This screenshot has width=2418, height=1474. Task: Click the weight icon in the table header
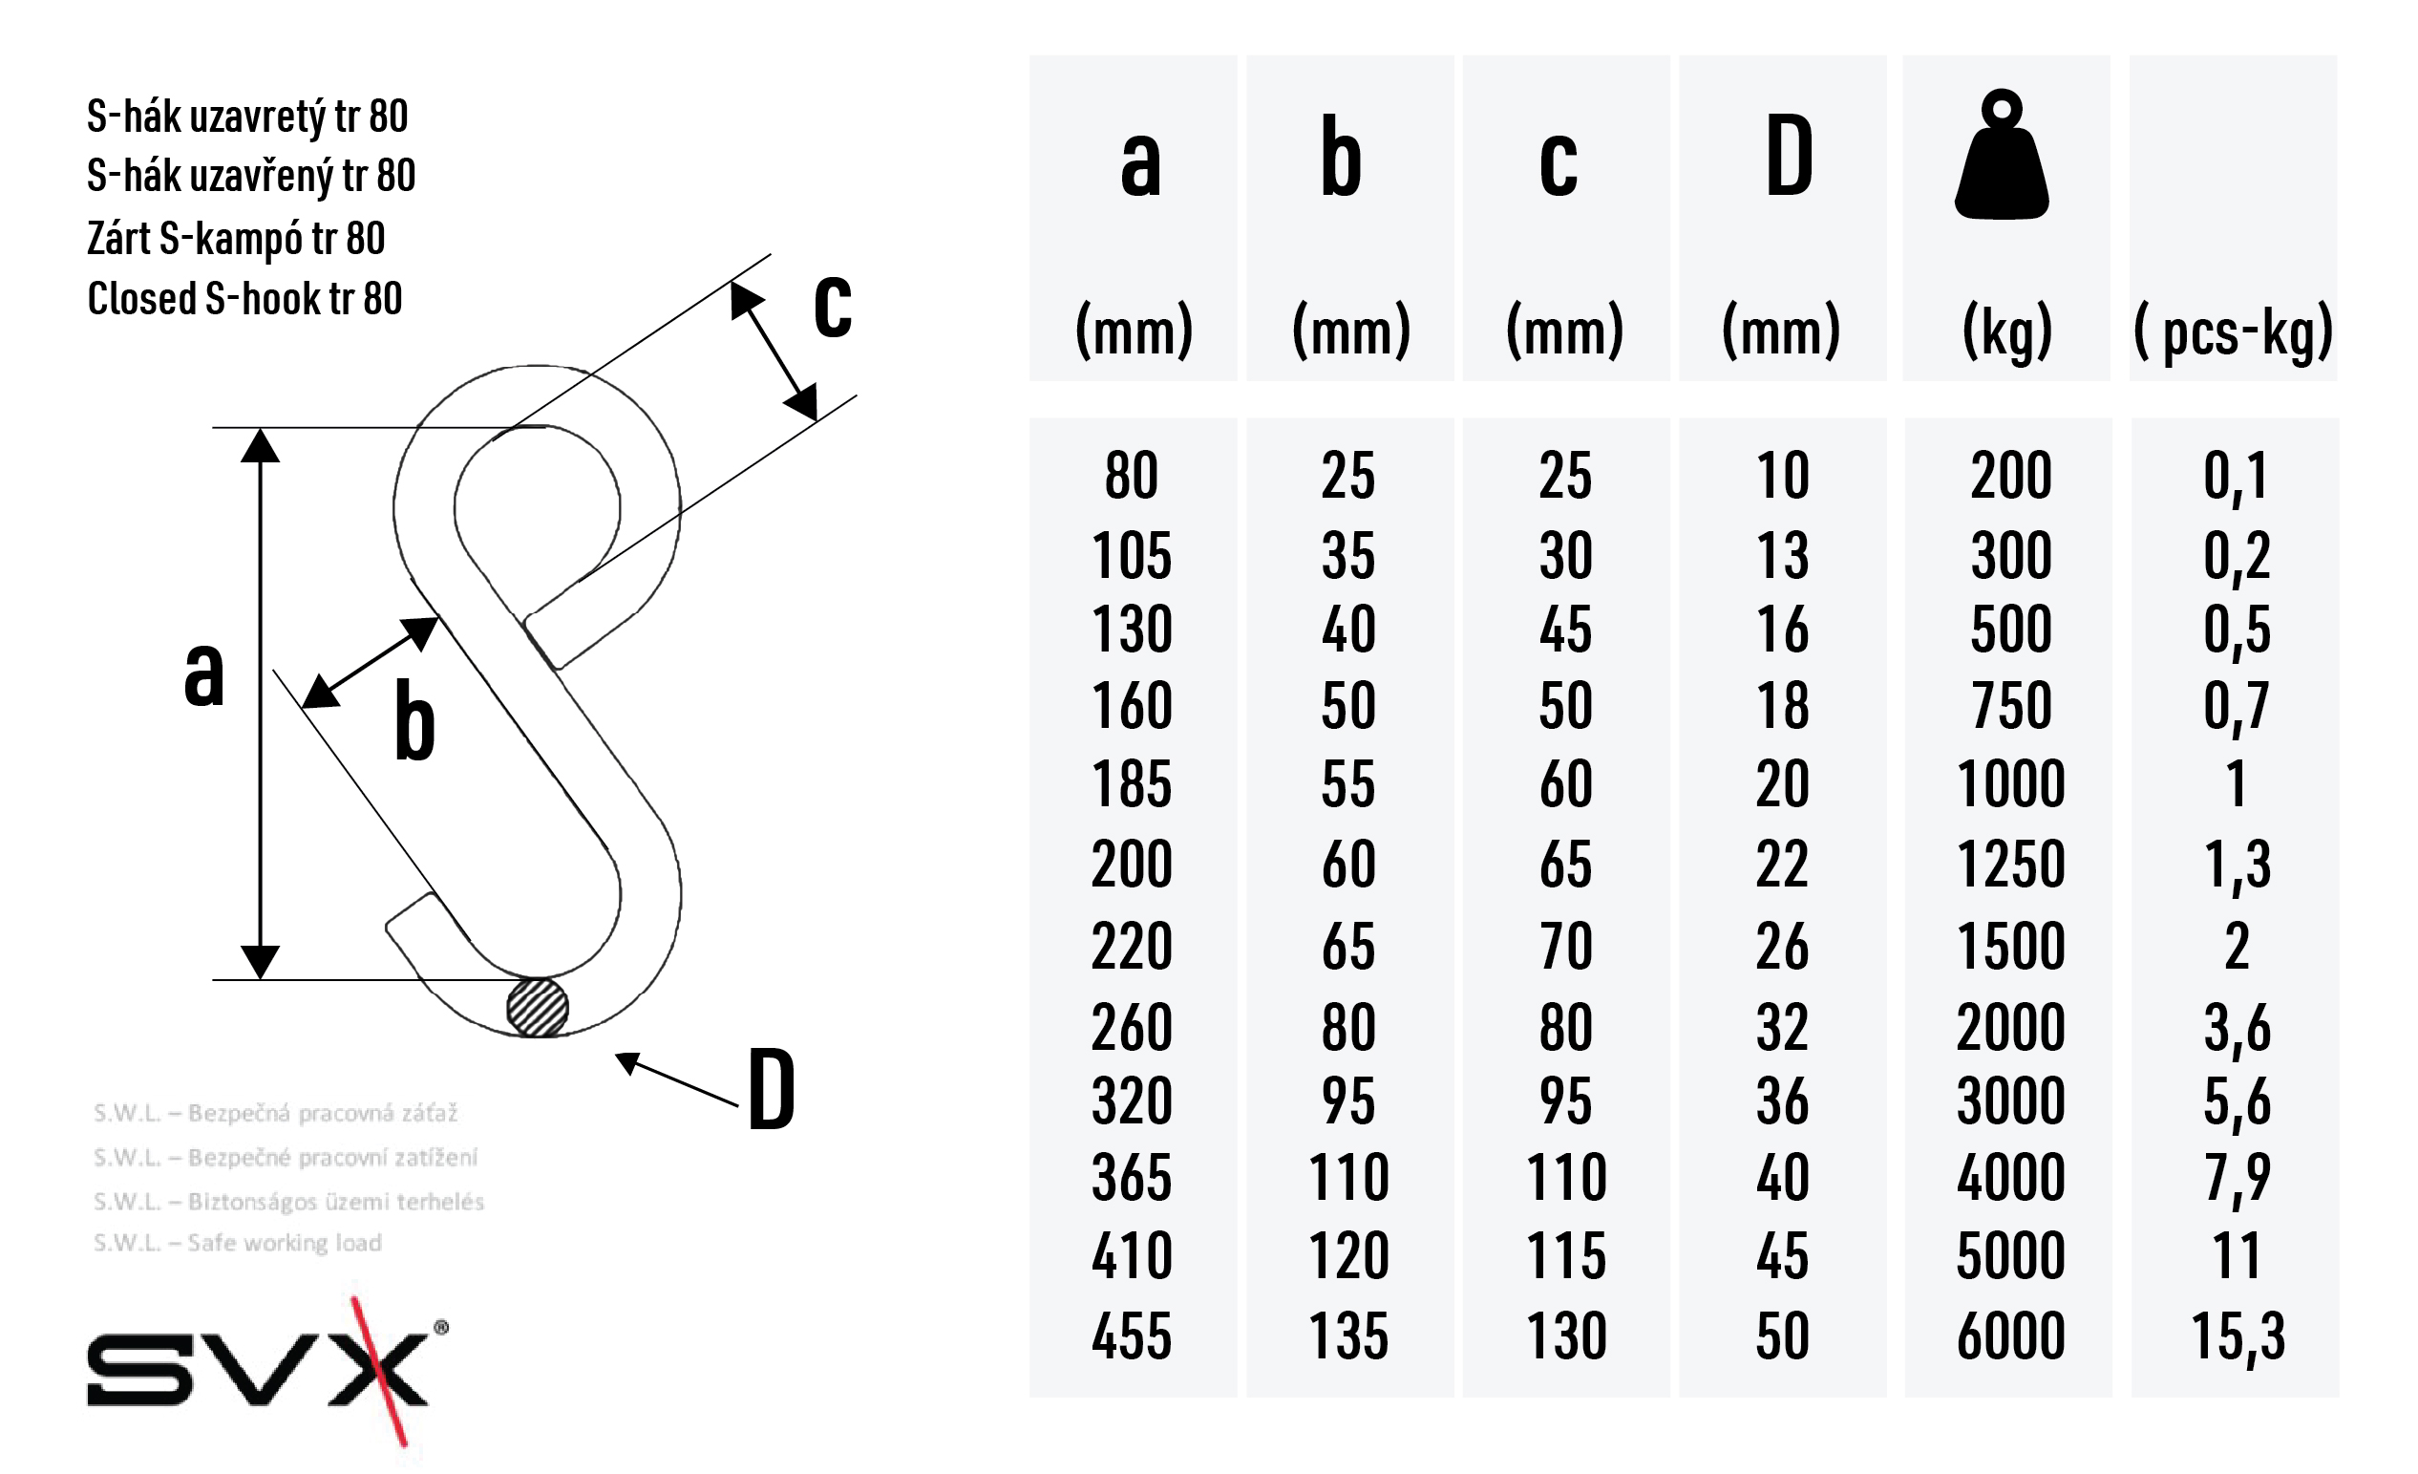click(x=2001, y=154)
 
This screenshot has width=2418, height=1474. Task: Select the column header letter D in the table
click(x=1789, y=156)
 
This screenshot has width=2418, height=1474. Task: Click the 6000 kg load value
click(x=2011, y=1335)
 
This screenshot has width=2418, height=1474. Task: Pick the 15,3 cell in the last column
click(x=2238, y=1336)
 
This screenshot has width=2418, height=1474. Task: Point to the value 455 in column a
click(x=1132, y=1335)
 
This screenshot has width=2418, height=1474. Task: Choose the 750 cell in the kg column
click(x=2011, y=705)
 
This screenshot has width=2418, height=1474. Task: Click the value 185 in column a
click(x=1132, y=783)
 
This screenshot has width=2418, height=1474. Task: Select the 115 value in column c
click(x=1566, y=1255)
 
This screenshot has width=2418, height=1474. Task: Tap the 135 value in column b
click(x=1348, y=1335)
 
